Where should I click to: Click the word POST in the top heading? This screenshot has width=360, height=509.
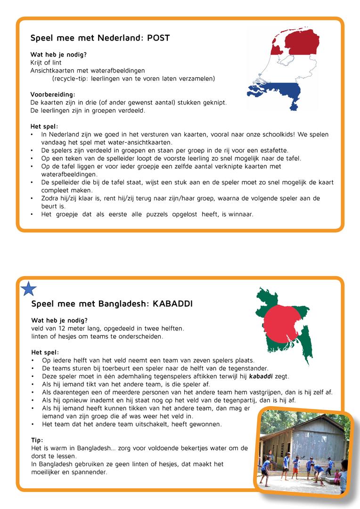tap(158, 38)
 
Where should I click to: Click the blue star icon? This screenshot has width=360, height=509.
tap(29, 288)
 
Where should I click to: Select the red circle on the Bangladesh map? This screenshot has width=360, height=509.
tap(282, 325)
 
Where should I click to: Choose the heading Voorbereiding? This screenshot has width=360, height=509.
tap(53, 94)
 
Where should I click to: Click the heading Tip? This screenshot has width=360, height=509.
tap(37, 440)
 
